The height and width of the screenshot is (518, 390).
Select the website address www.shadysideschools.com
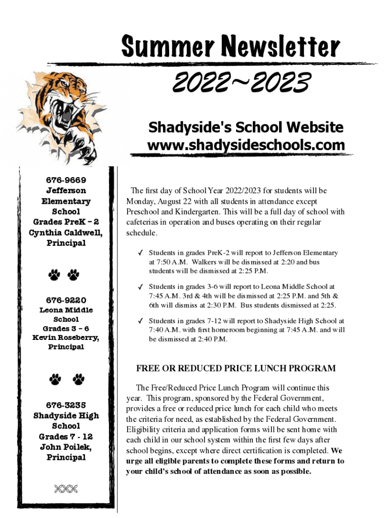click(246, 145)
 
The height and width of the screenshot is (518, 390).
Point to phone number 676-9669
click(66, 180)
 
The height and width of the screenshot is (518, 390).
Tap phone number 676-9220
click(66, 299)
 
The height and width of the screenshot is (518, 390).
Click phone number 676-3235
click(66, 405)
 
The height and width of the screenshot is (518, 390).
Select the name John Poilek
click(66, 447)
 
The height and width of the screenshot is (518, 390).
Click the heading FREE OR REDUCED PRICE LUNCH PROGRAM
click(236, 368)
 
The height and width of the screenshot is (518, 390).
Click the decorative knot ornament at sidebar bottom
click(66, 488)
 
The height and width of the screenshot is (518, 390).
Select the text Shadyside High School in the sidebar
click(66, 421)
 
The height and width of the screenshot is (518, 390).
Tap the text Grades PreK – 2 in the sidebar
click(66, 222)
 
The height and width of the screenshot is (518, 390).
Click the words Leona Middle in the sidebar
click(66, 310)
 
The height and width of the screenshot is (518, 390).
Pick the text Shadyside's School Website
click(246, 127)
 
